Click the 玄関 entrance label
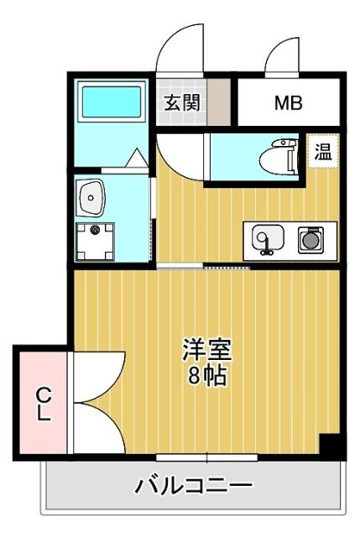click(x=181, y=102)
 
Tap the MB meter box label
click(x=289, y=102)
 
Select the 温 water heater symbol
click(x=323, y=152)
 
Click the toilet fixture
click(x=279, y=157)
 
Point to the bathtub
click(x=112, y=102)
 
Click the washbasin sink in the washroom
click(x=91, y=198)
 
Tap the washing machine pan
click(x=95, y=242)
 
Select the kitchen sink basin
click(x=268, y=237)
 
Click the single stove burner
click(x=310, y=240)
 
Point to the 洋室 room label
click(x=207, y=350)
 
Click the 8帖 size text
click(x=207, y=376)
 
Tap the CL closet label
click(x=44, y=404)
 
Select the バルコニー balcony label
click(x=194, y=485)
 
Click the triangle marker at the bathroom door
click(x=136, y=158)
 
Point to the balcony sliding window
click(x=207, y=457)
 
